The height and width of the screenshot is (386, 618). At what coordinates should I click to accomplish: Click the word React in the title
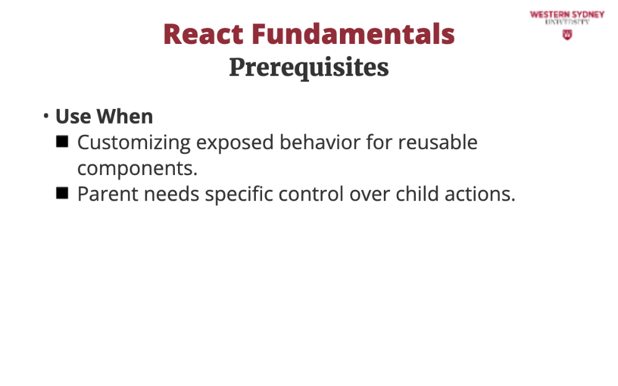(203, 34)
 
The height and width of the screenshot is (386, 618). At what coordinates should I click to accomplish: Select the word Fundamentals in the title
(353, 34)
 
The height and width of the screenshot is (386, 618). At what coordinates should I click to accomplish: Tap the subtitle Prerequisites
(309, 68)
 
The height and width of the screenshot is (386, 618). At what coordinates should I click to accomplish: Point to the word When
(125, 116)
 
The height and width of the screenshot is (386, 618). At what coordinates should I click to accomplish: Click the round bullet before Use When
(46, 116)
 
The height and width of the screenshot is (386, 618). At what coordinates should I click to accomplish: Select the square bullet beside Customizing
(62, 142)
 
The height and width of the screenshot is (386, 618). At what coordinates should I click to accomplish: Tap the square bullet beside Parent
(62, 194)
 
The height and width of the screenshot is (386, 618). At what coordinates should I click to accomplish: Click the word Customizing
(134, 143)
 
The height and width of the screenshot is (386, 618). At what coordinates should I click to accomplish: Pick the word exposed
(235, 143)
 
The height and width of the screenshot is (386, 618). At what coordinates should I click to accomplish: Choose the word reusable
(438, 142)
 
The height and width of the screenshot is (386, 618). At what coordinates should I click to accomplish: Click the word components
(137, 169)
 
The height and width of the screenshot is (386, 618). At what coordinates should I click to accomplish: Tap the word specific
(239, 195)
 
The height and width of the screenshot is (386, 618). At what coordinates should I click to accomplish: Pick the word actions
(480, 194)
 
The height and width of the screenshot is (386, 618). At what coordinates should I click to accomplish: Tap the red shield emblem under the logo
(567, 35)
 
